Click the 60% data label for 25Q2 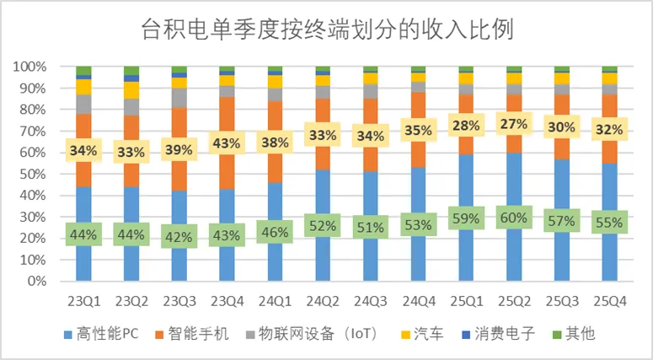[x=514, y=218]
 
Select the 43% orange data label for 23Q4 [x=227, y=144]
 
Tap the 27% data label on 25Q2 [x=514, y=126]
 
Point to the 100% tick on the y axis [x=29, y=67]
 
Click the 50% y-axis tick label [x=31, y=174]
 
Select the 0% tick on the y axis [x=35, y=281]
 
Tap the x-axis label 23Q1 [x=83, y=300]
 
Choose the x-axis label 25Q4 [x=610, y=300]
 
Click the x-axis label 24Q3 [x=371, y=300]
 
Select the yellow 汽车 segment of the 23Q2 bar [x=131, y=89]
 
